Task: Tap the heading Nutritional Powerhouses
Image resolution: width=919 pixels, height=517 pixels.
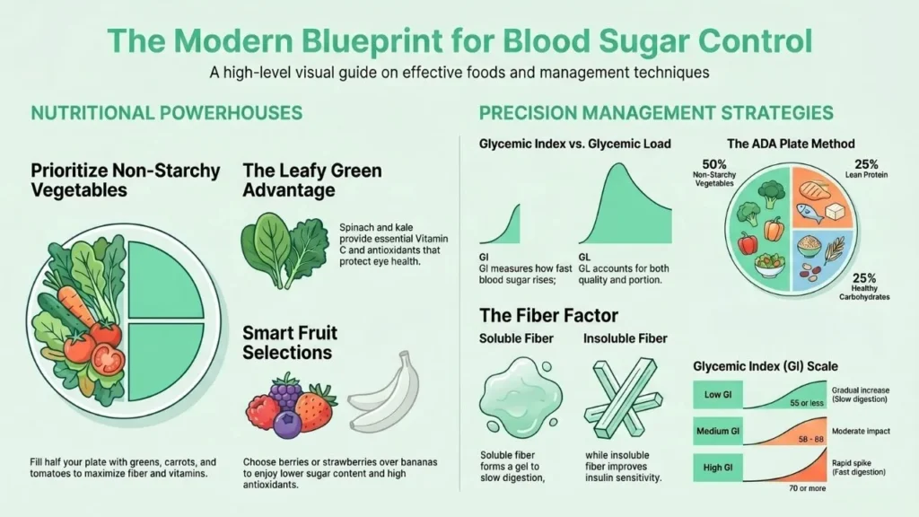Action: [166, 112]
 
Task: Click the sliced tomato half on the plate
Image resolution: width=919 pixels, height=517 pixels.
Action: [108, 359]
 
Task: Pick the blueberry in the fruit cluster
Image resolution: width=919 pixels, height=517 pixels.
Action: [287, 424]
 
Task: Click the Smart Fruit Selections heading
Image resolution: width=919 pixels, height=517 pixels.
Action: [290, 343]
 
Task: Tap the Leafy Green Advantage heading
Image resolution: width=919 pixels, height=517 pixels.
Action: [311, 180]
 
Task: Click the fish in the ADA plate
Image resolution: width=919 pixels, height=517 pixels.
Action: [811, 212]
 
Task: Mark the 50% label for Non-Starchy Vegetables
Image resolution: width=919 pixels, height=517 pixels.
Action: [713, 165]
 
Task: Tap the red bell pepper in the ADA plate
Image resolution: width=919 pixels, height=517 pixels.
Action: [747, 242]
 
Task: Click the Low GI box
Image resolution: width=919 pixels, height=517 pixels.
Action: [718, 395]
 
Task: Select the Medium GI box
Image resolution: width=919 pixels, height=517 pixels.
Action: [718, 432]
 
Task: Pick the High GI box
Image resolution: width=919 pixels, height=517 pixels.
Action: [718, 468]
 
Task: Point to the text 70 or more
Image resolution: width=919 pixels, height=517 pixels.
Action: [807, 488]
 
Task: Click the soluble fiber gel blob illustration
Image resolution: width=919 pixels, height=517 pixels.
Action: [520, 399]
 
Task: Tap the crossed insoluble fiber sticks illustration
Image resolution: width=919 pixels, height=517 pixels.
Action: [623, 399]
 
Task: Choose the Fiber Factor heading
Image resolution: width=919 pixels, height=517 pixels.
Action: [548, 315]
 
